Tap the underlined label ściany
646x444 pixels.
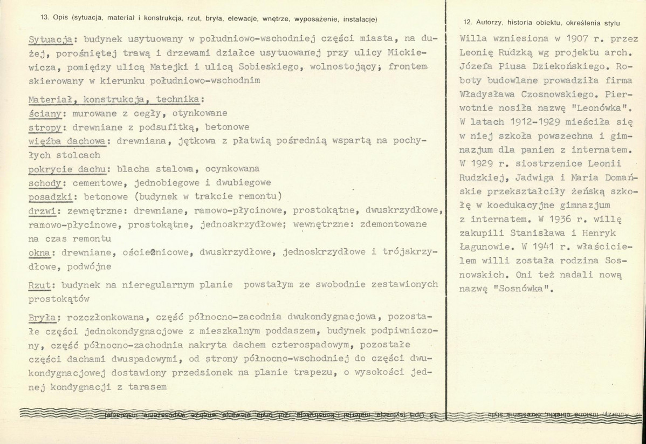(x=45, y=114)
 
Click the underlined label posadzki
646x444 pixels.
(x=49, y=195)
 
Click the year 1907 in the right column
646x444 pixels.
(x=563, y=40)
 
